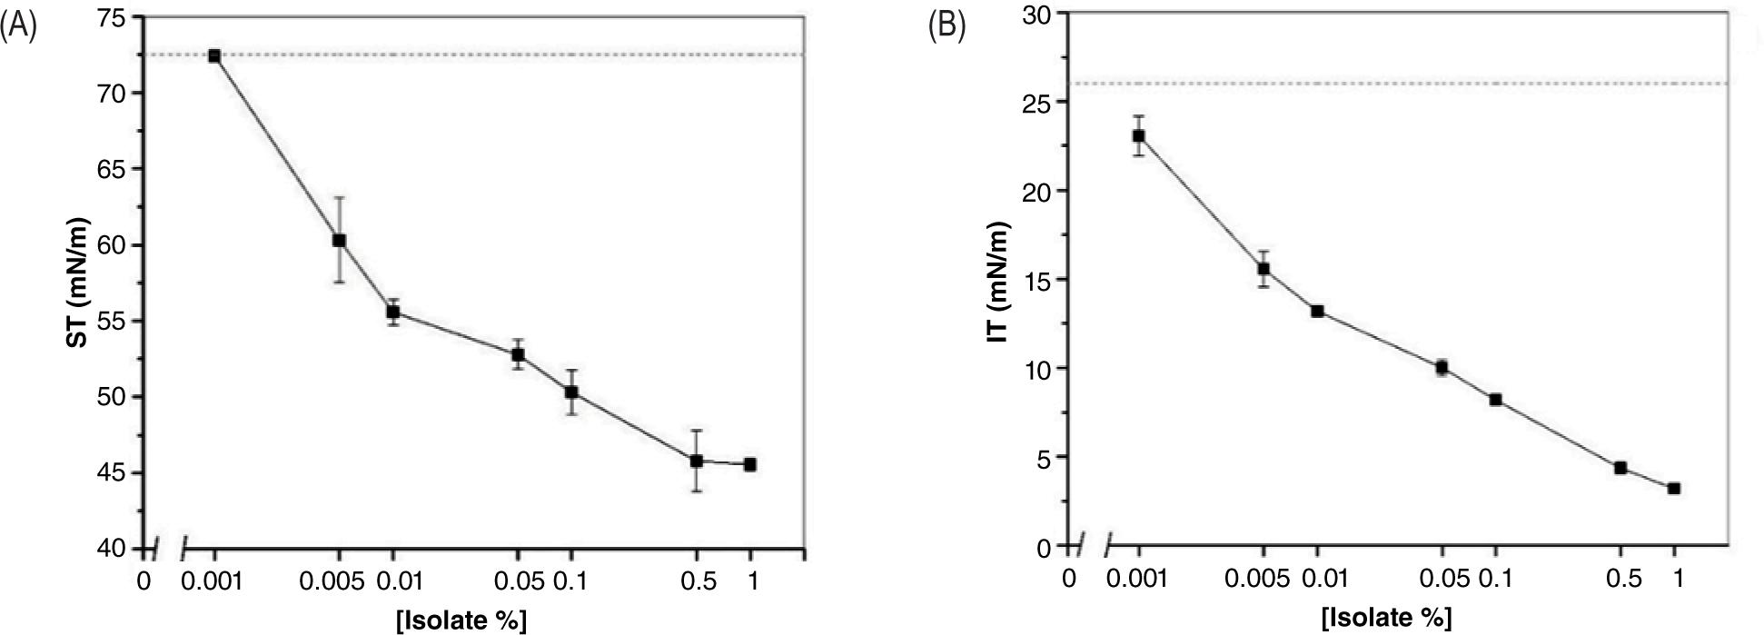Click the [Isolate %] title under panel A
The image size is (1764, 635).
click(x=461, y=620)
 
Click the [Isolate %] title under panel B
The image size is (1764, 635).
click(x=1387, y=619)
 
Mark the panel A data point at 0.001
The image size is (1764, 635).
click(x=214, y=55)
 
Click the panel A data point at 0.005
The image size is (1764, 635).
click(x=339, y=240)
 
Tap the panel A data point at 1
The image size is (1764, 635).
click(x=750, y=464)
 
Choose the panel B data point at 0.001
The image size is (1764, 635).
click(x=1139, y=136)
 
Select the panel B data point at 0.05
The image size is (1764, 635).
click(x=1442, y=368)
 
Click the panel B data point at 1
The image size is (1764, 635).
click(x=1674, y=489)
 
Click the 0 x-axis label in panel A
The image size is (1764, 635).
click(x=144, y=580)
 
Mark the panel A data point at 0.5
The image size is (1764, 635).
click(x=697, y=461)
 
